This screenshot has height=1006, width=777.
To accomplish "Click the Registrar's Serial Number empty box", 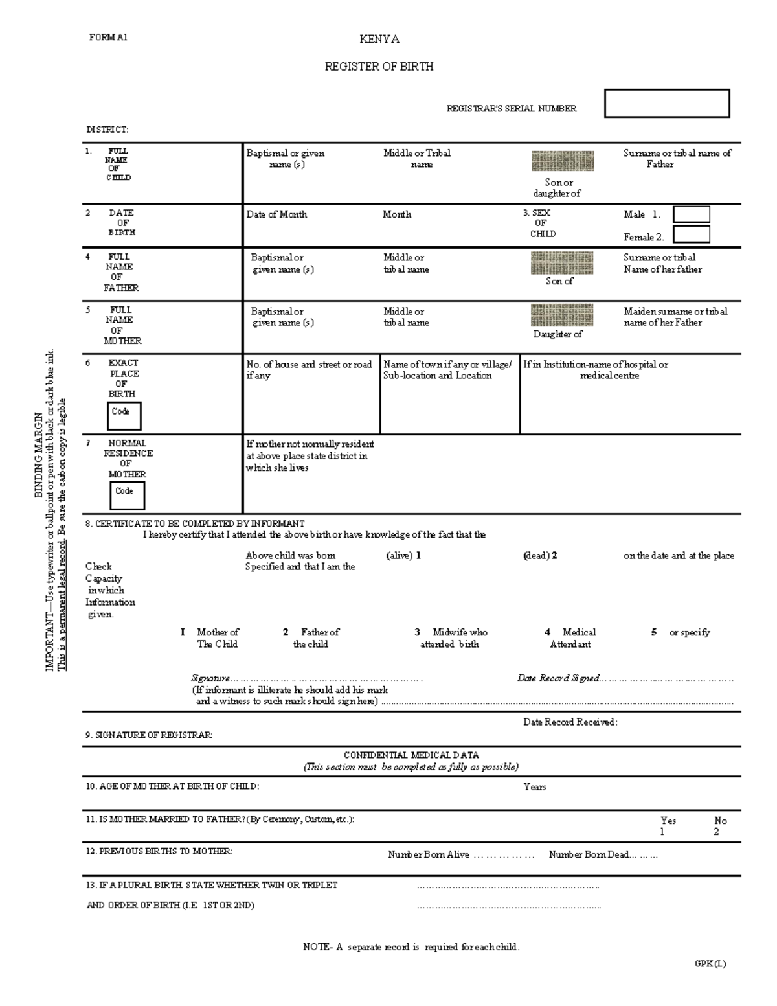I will (666, 104).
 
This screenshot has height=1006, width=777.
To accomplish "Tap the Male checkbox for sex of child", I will (691, 214).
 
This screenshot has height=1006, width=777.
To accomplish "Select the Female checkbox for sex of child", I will (691, 234).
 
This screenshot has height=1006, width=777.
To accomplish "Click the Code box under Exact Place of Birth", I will (124, 416).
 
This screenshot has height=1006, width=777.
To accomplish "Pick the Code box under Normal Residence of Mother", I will (127, 496).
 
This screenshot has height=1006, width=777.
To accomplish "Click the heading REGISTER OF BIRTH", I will (379, 67).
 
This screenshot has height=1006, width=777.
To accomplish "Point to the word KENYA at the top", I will (379, 40).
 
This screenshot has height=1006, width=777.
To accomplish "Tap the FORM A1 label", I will (108, 38).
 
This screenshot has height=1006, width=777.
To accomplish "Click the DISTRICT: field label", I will (107, 130).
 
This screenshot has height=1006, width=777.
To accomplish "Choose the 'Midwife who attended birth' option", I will (451, 638).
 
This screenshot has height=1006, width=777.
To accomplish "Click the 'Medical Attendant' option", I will (570, 638).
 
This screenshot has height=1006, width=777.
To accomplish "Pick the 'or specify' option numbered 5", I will (689, 632).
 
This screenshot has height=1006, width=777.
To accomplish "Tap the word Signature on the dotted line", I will (210, 678).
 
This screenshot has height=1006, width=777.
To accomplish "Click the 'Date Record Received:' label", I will (570, 722).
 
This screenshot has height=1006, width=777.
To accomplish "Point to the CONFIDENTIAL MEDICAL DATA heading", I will (411, 755).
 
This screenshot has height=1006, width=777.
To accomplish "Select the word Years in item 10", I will (534, 787).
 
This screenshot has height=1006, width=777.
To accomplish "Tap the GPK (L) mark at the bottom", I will (710, 963).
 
